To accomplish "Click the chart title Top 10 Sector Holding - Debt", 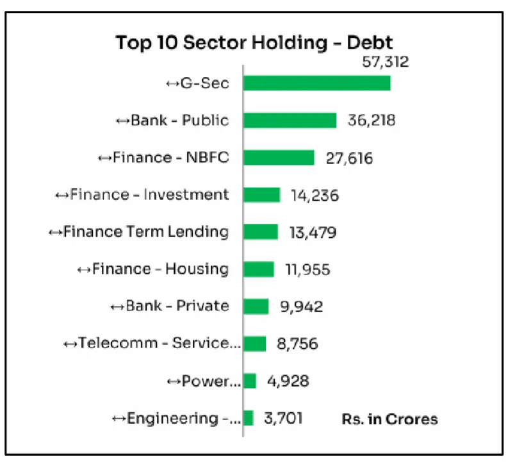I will click(254, 43).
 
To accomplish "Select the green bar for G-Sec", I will click(317, 83).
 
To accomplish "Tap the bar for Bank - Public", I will click(290, 120).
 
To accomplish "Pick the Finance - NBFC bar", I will click(279, 158).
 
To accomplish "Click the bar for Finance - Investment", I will click(262, 195).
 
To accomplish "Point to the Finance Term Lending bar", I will click(261, 231).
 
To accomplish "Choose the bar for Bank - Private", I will click(256, 306).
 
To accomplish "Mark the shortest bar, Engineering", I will click(249, 418).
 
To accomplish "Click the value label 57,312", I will click(384, 62).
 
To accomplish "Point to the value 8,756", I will click(296, 344).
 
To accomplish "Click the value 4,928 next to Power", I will click(288, 381).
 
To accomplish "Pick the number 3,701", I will click(283, 419).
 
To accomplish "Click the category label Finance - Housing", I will click(153, 269).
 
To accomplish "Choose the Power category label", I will click(203, 381).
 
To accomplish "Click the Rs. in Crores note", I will click(389, 419).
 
